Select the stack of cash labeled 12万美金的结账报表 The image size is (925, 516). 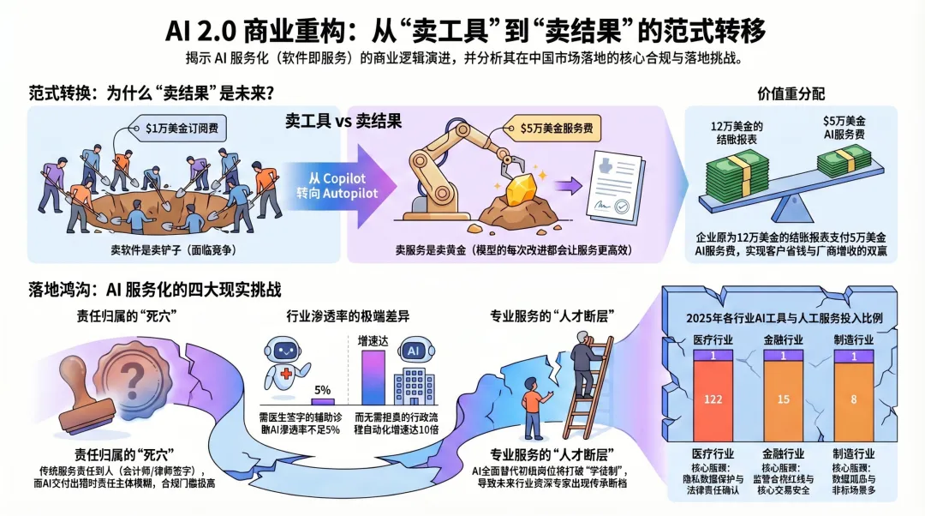736,170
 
